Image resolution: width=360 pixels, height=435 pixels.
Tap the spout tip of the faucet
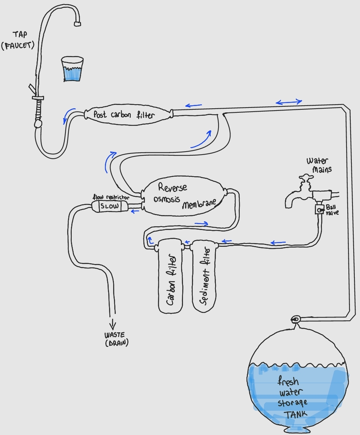point(78,24)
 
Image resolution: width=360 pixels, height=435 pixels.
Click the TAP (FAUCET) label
point(18,40)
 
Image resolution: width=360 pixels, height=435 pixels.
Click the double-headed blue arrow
point(289,102)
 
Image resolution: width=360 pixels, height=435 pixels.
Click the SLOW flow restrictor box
point(109,206)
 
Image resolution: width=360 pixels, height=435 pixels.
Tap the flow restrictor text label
point(111,197)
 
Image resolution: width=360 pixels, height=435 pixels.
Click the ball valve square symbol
point(319,209)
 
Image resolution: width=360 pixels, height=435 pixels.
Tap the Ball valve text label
point(332,209)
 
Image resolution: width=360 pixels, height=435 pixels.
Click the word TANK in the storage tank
point(295,414)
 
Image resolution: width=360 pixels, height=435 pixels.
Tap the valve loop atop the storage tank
point(296,319)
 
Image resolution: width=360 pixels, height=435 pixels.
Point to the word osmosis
point(167,199)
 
